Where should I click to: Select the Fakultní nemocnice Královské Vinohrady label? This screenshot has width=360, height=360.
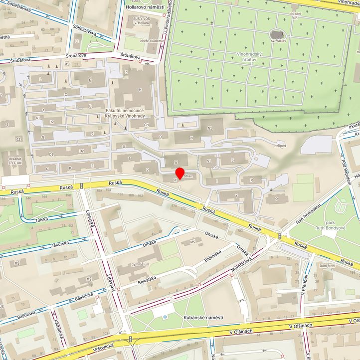click(x=125, y=113)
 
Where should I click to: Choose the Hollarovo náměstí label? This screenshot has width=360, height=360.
click(x=145, y=7)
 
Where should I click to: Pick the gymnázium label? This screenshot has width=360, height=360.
click(x=140, y=264)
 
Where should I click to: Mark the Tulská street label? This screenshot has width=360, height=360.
click(x=41, y=219)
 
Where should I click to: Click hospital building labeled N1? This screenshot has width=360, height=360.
click(x=210, y=128)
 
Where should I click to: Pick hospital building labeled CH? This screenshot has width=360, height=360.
click(x=146, y=125)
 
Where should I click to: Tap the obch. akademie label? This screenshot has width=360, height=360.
click(x=152, y=41)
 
